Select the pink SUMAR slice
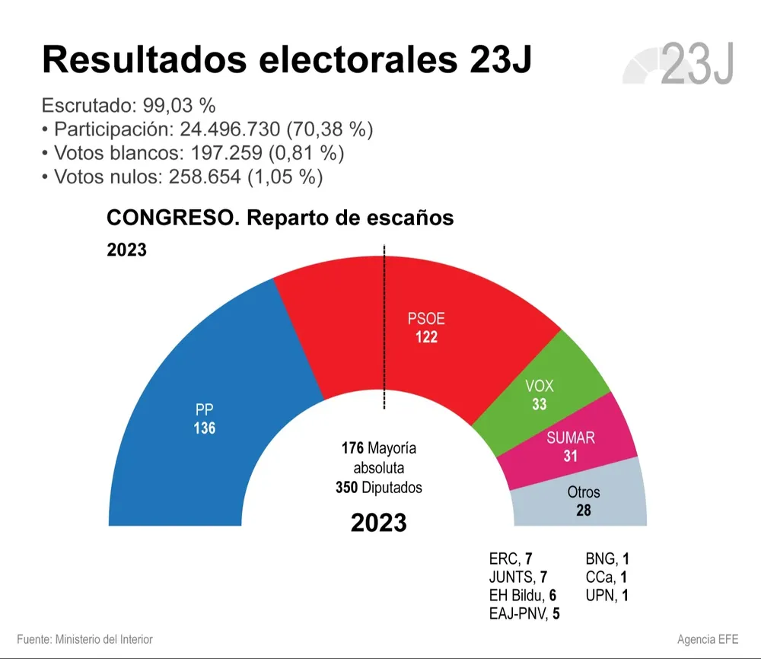point(586,449)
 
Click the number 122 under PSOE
point(426,337)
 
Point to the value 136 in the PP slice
point(204,428)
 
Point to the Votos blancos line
point(194,154)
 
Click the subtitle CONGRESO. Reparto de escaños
point(280,218)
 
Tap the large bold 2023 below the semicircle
point(378,523)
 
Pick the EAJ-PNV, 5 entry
point(524,613)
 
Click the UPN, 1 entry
point(606,596)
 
